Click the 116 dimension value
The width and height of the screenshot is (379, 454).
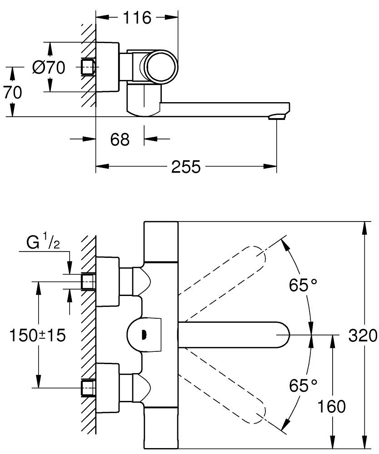pos(137,18)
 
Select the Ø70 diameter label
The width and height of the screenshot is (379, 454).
pos(49,68)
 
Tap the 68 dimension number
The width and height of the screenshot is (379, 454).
pos(120,139)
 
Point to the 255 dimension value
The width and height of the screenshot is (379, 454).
pos(186,167)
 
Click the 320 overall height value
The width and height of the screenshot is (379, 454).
pos(363,336)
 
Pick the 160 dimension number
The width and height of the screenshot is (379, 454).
pos(332,406)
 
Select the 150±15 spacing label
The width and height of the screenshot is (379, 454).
pos(38,336)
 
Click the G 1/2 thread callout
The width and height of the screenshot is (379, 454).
pos(43,243)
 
